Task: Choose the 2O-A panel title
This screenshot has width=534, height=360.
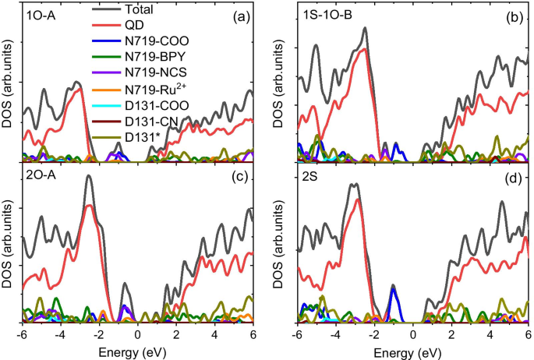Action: [41, 176]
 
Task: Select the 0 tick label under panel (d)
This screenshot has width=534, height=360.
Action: [412, 334]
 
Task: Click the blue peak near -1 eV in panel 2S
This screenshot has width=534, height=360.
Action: [394, 291]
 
